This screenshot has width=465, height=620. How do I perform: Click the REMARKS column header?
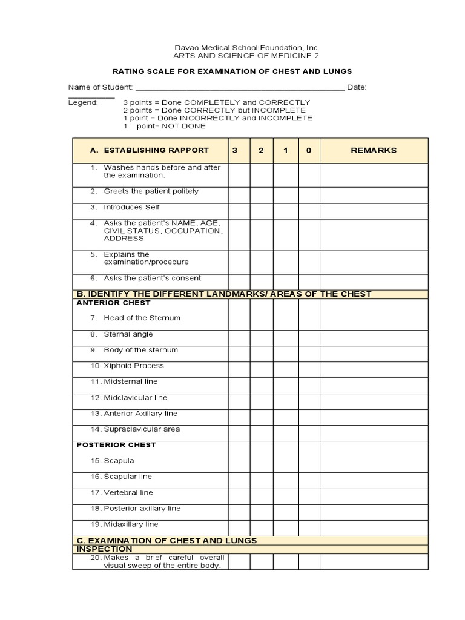[x=374, y=150]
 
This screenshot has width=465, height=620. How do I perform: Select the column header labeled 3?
[x=239, y=150]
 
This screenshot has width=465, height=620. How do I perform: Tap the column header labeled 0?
[x=309, y=150]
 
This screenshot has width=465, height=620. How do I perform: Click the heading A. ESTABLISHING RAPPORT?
[x=150, y=150]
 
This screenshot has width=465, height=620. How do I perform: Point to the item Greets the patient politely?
[x=151, y=191]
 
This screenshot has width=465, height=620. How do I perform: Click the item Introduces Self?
[x=131, y=207]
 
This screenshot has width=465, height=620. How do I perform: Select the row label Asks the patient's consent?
[x=152, y=279]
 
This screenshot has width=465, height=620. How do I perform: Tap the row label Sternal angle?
[x=128, y=334]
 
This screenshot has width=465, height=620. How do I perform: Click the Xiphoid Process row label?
[x=133, y=366]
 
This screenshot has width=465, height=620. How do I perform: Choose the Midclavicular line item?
[x=135, y=398]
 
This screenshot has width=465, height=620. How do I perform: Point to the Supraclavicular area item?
[x=141, y=429]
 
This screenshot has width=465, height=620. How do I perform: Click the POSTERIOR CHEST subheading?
[x=116, y=445]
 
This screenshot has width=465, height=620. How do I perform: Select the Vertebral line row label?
[x=128, y=493]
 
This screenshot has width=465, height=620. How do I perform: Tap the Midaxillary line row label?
[x=131, y=524]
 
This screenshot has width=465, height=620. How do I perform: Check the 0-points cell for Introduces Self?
[x=309, y=211]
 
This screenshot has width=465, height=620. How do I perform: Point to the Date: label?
[x=356, y=87]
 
